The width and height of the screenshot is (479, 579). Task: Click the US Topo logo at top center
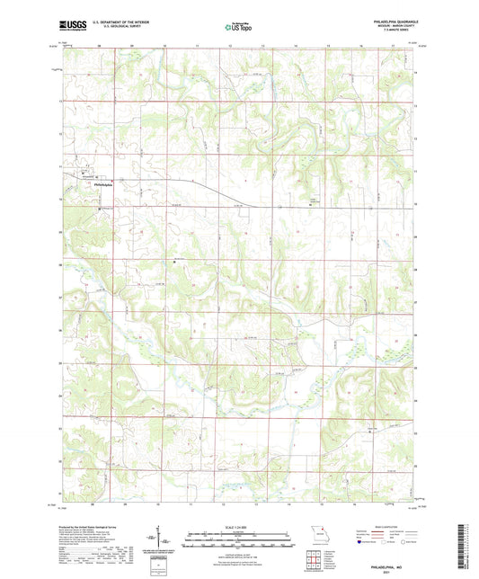tap(234, 27)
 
